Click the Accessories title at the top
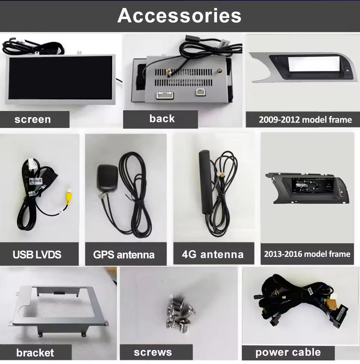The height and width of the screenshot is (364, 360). [x=179, y=16]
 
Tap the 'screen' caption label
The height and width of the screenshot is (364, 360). [x=33, y=119]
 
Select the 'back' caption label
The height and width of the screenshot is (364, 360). [x=162, y=119]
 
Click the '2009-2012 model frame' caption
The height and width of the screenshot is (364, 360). [x=305, y=120]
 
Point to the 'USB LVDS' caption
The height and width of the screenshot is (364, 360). [x=37, y=254]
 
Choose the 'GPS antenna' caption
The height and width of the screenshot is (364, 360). [x=124, y=255]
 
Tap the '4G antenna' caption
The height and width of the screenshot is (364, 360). [x=213, y=254]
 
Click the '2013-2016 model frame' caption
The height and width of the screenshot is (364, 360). [x=307, y=254]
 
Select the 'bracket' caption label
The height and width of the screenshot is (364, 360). [x=35, y=353]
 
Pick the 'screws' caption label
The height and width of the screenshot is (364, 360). [x=153, y=353]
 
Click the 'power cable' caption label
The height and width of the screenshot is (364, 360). [x=288, y=352]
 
